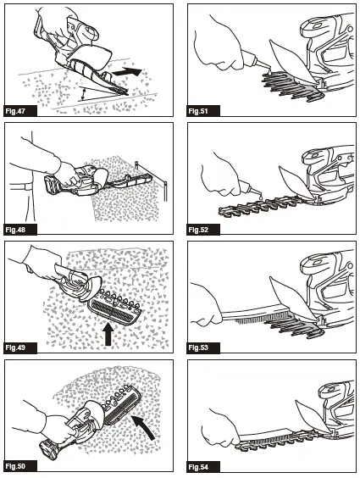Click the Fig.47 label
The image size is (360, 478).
(15, 111)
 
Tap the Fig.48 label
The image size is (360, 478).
(15, 230)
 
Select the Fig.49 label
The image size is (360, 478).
(15, 347)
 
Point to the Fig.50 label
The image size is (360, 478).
(15, 466)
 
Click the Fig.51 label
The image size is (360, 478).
(198, 111)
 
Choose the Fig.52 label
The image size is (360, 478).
(198, 230)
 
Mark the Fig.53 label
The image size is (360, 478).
(198, 347)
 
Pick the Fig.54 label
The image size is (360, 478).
(198, 466)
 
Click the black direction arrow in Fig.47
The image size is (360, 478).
(127, 72)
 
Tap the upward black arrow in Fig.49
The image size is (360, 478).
(108, 335)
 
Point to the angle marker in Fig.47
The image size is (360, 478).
(82, 94)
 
